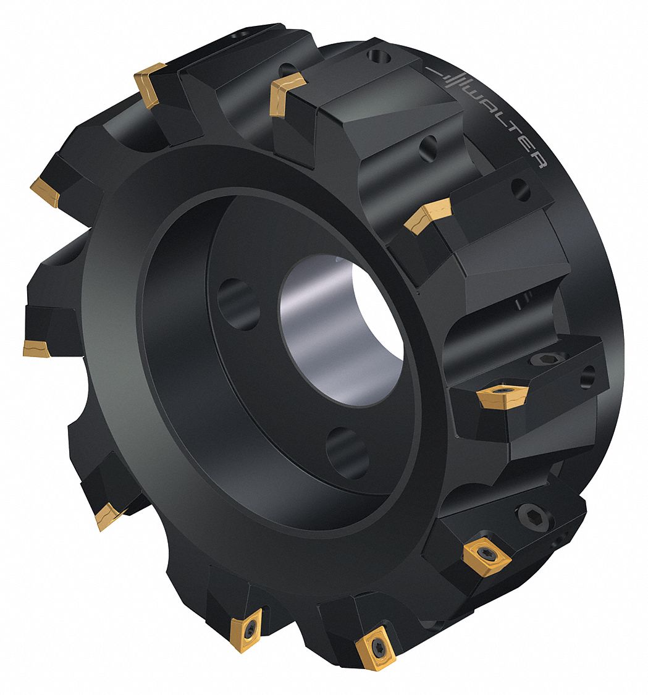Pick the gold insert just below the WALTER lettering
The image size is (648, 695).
429,215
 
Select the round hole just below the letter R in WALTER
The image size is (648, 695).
521,190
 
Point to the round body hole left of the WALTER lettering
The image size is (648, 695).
427,148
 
